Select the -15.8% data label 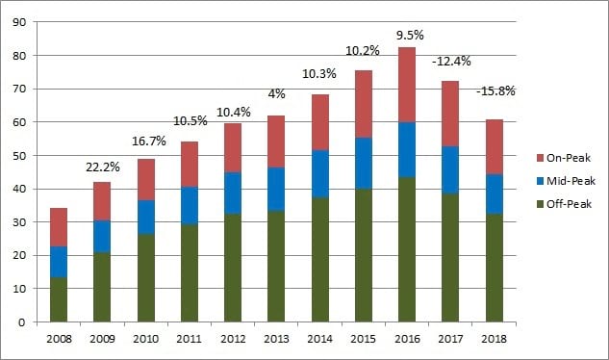pos(495,91)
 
